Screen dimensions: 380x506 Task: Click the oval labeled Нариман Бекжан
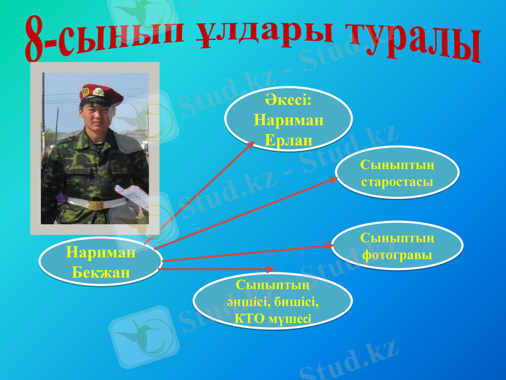(x=101, y=262)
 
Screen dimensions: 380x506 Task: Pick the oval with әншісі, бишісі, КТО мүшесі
(x=272, y=301)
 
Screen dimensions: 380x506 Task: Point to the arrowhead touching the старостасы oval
(x=333, y=179)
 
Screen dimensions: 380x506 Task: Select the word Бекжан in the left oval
(x=101, y=272)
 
